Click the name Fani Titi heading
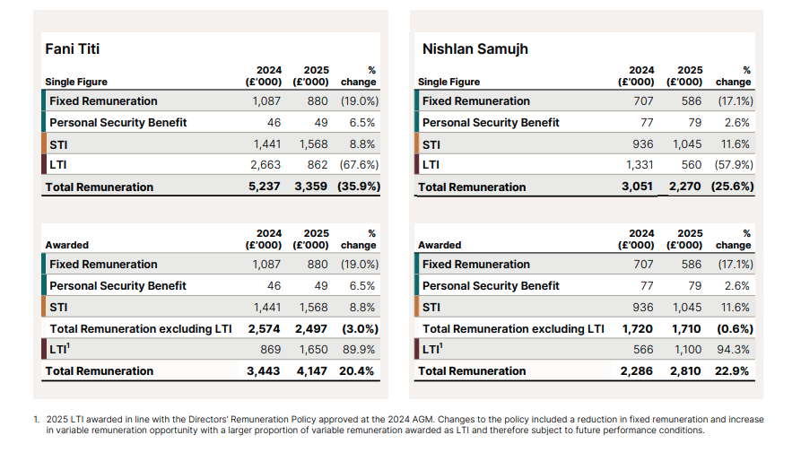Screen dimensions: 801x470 point(72,49)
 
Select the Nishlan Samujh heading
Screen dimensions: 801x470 point(475,49)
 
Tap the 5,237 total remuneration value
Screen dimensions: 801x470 point(264,187)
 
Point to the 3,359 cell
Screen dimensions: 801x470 point(310,187)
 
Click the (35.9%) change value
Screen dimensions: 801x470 point(359,187)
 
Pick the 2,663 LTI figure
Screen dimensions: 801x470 point(266,165)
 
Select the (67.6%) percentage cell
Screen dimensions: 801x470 point(359,165)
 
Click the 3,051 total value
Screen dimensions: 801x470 point(637,187)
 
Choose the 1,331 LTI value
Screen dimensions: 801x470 point(640,165)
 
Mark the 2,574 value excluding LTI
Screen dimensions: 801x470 point(264,329)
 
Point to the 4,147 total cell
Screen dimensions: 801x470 point(311,371)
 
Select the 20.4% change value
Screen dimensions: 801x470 point(356,371)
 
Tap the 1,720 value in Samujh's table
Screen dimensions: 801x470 point(638,329)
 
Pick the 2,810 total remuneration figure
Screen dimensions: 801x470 point(685,371)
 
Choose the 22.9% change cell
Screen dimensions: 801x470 point(732,371)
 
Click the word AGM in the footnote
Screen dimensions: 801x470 point(423,420)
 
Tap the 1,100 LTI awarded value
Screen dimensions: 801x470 point(688,350)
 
